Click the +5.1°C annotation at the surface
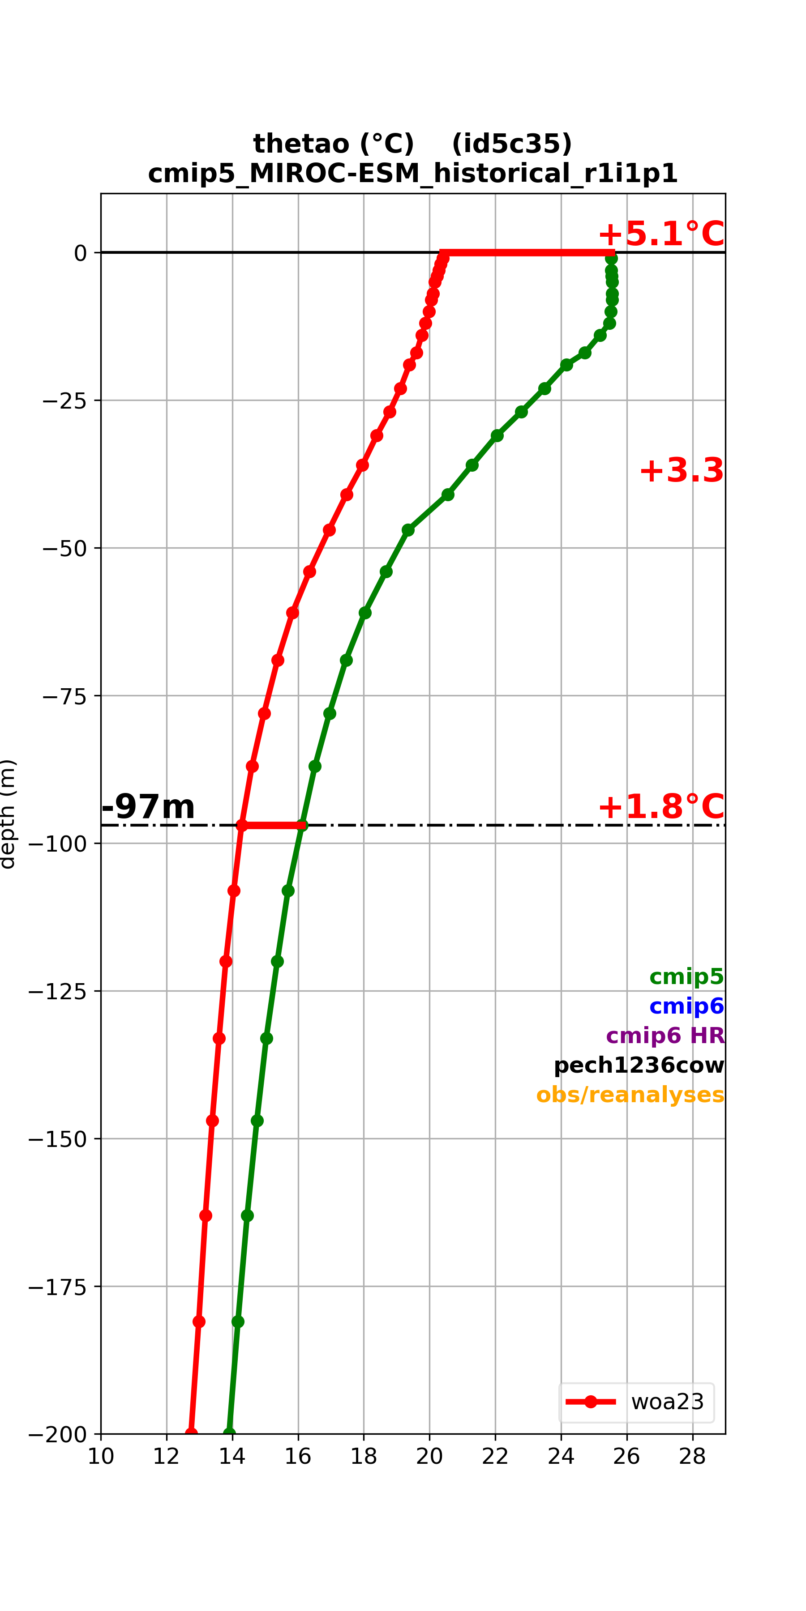click(661, 234)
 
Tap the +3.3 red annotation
click(682, 470)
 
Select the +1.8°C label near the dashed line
click(661, 807)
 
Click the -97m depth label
click(148, 807)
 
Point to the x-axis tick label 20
click(429, 1457)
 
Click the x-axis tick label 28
click(693, 1457)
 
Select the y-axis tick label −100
click(58, 844)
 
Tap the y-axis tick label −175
click(58, 1287)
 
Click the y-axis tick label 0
click(81, 253)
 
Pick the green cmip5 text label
click(686, 976)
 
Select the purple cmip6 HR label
click(665, 1035)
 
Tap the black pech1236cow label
click(639, 1065)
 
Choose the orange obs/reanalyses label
click(630, 1095)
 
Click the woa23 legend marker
click(591, 1402)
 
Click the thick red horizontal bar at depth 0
click(527, 253)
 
